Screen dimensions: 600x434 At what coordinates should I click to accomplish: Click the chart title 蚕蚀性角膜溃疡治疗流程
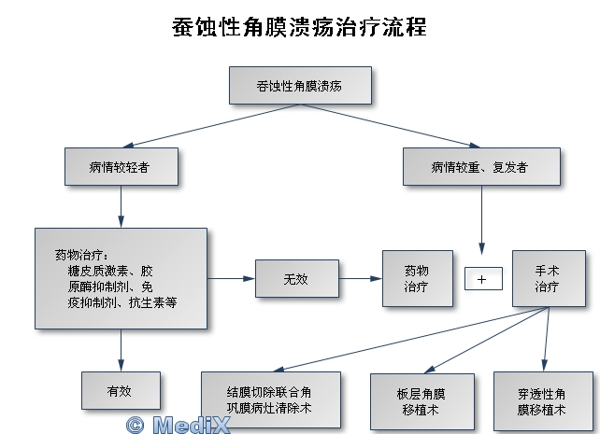[299, 27]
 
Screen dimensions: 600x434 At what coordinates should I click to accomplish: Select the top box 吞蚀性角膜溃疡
[300, 86]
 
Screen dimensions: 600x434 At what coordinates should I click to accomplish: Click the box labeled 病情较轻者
[121, 166]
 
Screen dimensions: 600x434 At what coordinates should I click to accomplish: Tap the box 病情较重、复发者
[481, 166]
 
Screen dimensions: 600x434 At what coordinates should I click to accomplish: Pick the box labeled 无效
[297, 278]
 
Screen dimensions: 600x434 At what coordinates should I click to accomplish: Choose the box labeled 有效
[121, 390]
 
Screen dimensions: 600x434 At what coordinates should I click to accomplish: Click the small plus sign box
[483, 279]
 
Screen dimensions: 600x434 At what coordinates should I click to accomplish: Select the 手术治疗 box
[549, 278]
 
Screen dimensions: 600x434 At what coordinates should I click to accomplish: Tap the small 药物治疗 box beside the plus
[418, 278]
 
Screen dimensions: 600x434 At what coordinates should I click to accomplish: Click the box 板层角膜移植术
[422, 401]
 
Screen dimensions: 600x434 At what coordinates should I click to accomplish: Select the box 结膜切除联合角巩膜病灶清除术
[271, 399]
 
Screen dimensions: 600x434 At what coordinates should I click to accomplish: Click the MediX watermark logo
[179, 425]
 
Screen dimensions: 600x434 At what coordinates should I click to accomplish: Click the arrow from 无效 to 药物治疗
[361, 278]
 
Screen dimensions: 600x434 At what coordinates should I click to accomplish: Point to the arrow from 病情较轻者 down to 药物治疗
[121, 206]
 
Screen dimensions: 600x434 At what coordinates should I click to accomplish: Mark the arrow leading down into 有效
[121, 350]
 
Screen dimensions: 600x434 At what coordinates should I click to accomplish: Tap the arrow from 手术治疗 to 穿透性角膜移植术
[547, 339]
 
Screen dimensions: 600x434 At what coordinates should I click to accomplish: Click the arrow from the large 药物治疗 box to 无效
[231, 278]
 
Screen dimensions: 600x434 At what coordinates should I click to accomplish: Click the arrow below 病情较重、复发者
[481, 220]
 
